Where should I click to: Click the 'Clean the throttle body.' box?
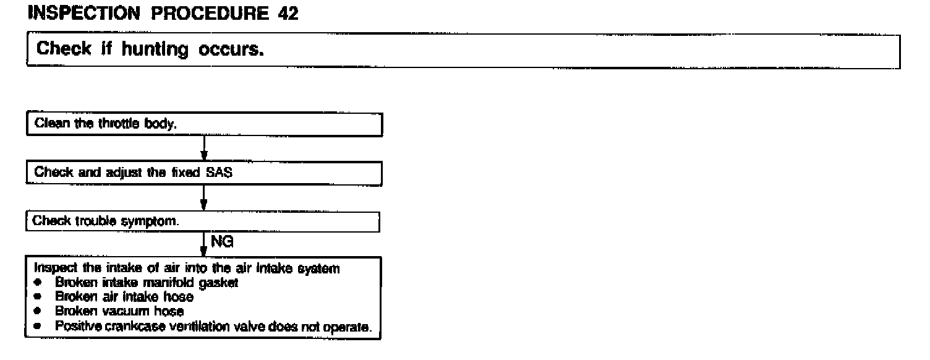pos(204,124)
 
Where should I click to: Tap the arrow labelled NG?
pos(203,244)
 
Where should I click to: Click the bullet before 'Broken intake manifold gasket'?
pos(38,282)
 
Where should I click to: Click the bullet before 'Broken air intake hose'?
pos(38,296)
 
